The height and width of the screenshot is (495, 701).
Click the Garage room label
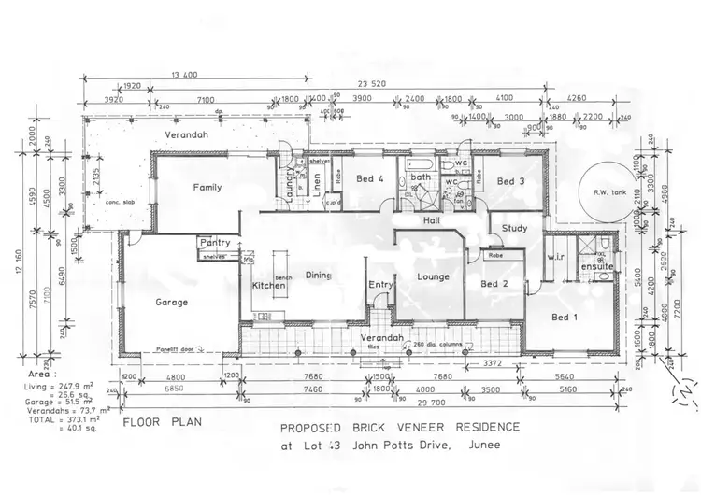click(172, 303)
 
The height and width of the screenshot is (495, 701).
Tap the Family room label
click(207, 187)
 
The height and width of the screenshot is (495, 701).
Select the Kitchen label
click(268, 286)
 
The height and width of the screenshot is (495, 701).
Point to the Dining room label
click(319, 276)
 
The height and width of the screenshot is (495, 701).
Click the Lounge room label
click(434, 276)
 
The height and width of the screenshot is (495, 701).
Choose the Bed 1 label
click(565, 318)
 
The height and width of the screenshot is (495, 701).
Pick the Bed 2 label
click(494, 283)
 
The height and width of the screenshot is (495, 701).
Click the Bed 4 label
click(370, 178)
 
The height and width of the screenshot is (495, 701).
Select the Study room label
click(514, 228)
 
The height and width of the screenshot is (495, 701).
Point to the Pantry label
click(215, 243)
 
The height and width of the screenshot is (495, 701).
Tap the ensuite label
click(596, 267)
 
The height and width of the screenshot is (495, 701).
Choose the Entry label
click(380, 285)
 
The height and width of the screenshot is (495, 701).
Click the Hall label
click(432, 221)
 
